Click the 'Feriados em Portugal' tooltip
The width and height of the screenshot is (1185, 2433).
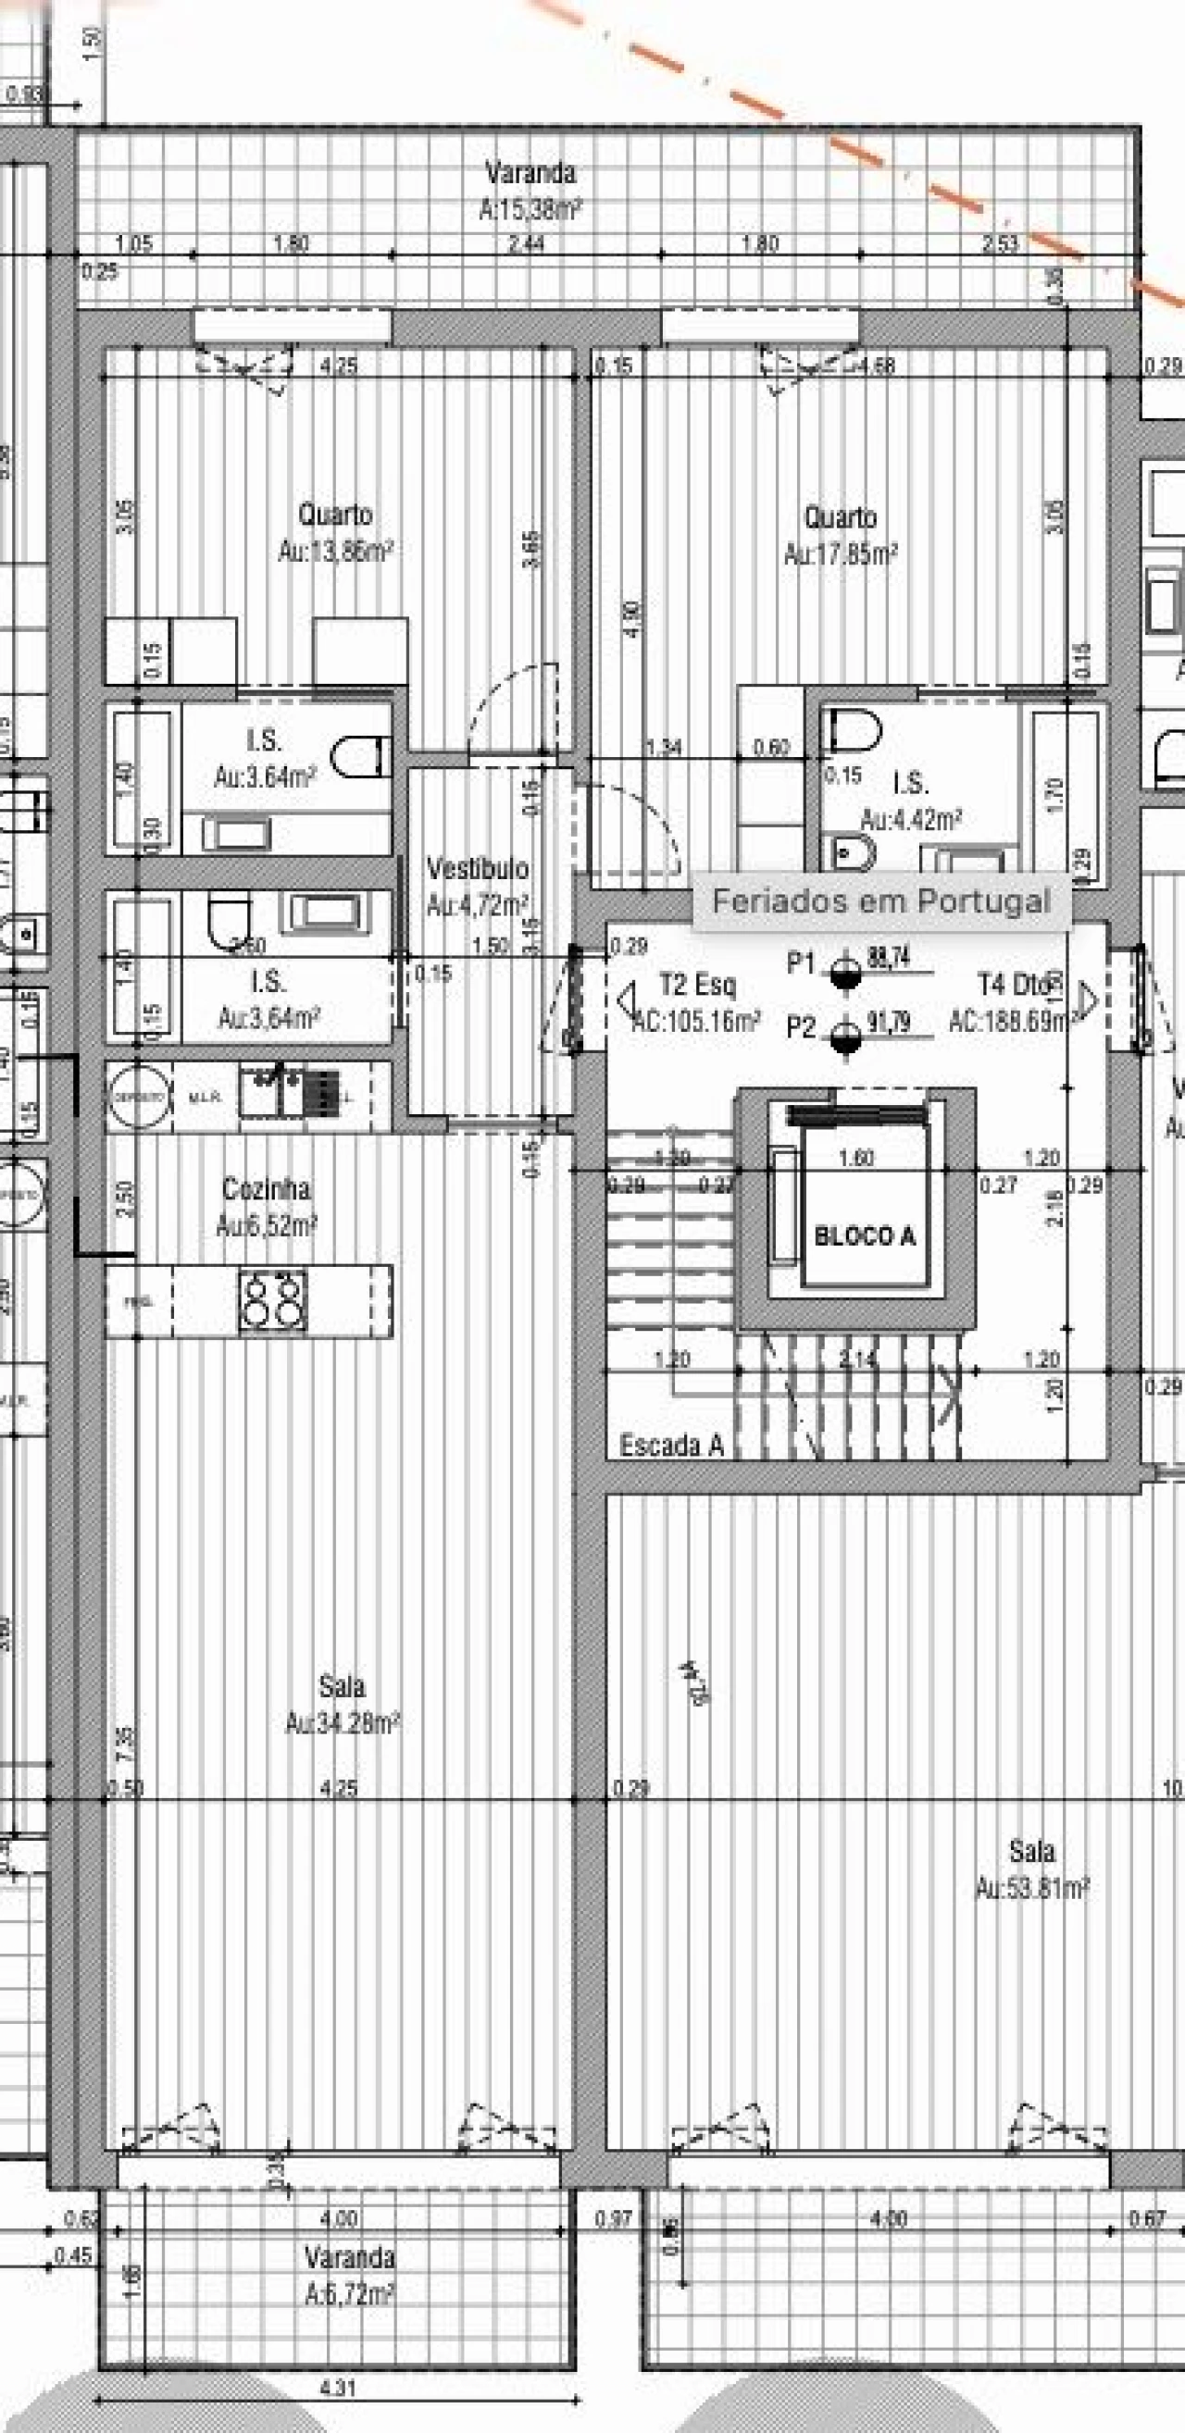pyautogui.click(x=880, y=901)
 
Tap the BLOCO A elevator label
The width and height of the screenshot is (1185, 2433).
pyautogui.click(x=865, y=1236)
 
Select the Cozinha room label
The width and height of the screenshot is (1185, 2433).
pyautogui.click(x=267, y=1188)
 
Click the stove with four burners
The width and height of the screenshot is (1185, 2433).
pyautogui.click(x=273, y=1300)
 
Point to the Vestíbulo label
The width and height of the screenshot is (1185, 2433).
pyautogui.click(x=477, y=868)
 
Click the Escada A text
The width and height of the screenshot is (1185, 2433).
pyautogui.click(x=671, y=1445)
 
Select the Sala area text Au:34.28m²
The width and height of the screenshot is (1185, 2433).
pyautogui.click(x=343, y=1724)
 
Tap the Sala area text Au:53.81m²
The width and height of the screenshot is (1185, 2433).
pyautogui.click(x=1032, y=1888)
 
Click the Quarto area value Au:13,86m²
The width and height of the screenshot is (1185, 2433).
pyautogui.click(x=335, y=551)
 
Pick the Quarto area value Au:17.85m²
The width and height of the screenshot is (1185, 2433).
pyautogui.click(x=840, y=553)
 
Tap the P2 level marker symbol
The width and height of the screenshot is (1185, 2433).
pyautogui.click(x=846, y=1038)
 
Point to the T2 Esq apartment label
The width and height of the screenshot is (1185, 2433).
pyautogui.click(x=697, y=985)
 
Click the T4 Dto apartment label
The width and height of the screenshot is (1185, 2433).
pyautogui.click(x=1013, y=985)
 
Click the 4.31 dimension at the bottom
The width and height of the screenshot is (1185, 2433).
pyautogui.click(x=337, y=2389)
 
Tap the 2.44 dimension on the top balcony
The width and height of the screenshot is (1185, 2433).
pyautogui.click(x=527, y=243)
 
